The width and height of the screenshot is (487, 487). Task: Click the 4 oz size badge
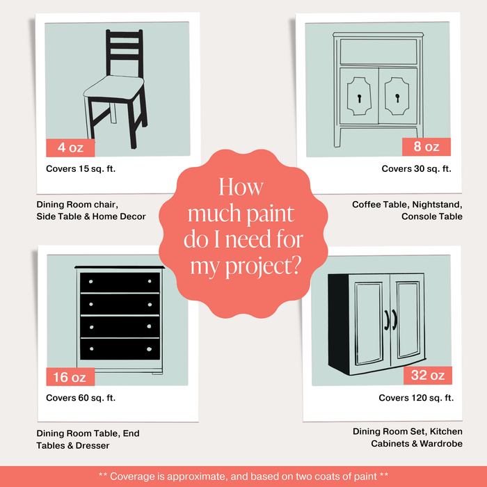click(x=70, y=147)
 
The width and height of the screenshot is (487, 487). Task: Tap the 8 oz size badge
click(x=426, y=147)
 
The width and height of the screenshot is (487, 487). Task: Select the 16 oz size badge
click(x=70, y=377)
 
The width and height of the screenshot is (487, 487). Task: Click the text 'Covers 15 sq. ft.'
click(x=81, y=169)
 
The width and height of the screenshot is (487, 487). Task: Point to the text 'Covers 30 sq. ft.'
click(x=416, y=169)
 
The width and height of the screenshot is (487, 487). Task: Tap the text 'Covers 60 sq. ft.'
click(x=81, y=398)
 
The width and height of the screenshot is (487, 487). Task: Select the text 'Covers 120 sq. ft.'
click(x=415, y=398)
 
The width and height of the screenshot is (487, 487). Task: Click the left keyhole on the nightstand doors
click(x=360, y=98)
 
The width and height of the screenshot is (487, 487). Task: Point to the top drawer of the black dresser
click(x=120, y=282)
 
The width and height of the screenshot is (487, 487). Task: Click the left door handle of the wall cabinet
click(x=386, y=318)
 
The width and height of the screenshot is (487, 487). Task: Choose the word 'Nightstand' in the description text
click(x=427, y=205)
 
